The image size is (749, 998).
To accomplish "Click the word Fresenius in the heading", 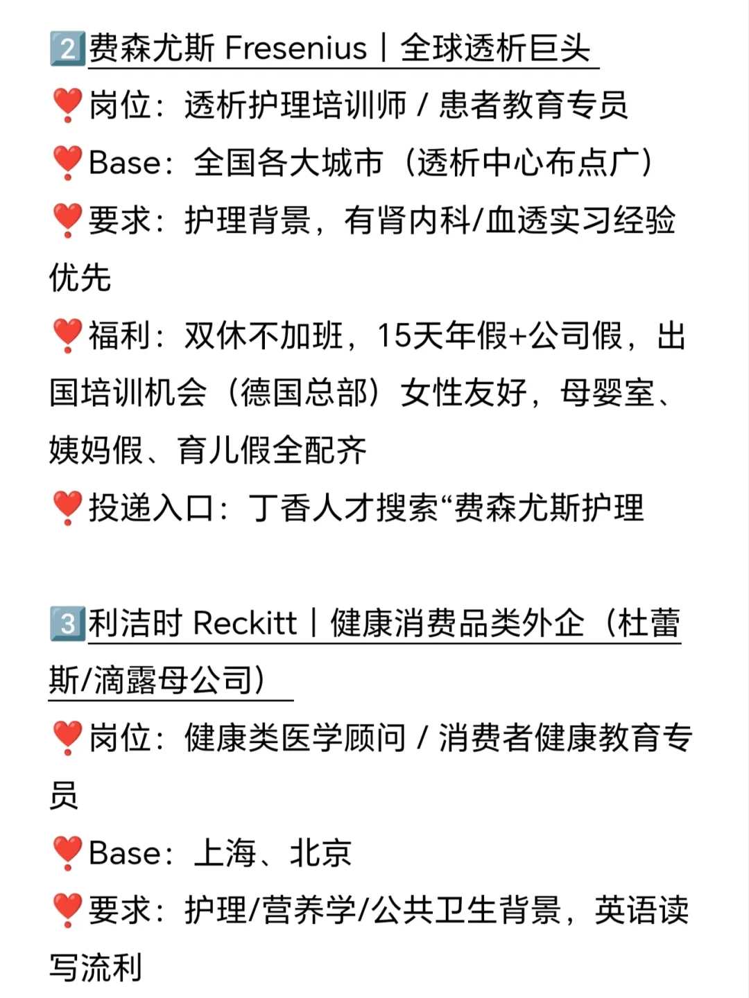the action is coord(296,49).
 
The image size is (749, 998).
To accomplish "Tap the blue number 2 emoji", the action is coord(67,49).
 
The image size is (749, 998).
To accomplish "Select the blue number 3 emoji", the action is coord(67,622).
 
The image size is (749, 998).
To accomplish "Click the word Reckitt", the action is coord(246,622).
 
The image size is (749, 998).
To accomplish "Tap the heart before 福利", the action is coord(67,336).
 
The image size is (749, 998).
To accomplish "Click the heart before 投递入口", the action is coord(67,508).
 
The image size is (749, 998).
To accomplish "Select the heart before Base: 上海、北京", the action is coord(67,853).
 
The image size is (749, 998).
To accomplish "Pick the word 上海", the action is coord(225,853).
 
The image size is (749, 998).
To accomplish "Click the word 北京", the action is coord(320,853).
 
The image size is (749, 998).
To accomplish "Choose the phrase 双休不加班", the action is coord(264,336).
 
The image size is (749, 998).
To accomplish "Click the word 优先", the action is coord(80,279).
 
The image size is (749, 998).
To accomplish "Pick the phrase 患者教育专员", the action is coord(533,105).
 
